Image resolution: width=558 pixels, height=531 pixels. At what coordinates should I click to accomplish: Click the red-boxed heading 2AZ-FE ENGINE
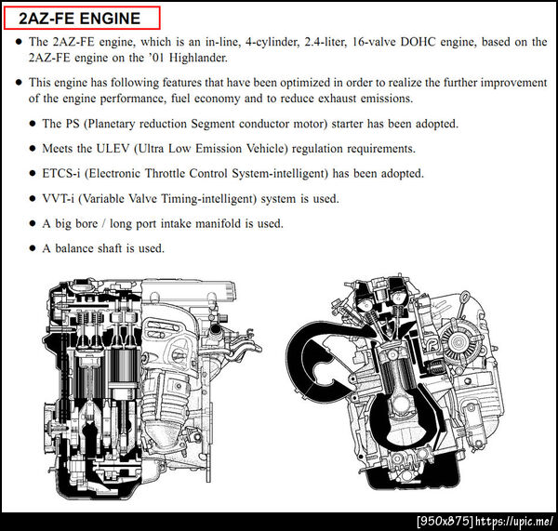click(80, 19)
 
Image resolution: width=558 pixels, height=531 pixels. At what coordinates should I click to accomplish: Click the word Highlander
click(198, 58)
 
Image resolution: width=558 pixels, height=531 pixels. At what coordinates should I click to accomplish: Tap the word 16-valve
click(374, 42)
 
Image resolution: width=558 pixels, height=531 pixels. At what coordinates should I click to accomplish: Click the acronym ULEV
click(113, 149)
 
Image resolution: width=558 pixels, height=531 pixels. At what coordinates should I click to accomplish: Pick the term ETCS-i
click(60, 173)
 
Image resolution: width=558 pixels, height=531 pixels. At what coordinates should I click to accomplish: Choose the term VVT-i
click(58, 199)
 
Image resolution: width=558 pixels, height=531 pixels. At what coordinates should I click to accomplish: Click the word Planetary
click(111, 124)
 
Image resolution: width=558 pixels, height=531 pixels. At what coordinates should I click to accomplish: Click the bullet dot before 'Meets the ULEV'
click(33, 149)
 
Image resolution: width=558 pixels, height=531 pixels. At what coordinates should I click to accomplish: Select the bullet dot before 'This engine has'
click(20, 83)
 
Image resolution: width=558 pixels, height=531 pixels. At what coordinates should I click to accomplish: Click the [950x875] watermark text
click(445, 522)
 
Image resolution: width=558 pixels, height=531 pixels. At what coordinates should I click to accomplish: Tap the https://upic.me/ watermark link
click(514, 522)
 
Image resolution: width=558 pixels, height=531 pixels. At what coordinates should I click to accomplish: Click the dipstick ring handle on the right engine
click(465, 295)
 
